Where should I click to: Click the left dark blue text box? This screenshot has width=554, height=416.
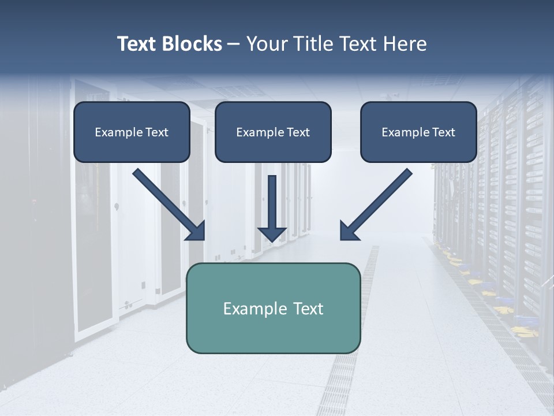tap(132, 132)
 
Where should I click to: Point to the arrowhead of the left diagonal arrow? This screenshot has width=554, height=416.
tap(196, 231)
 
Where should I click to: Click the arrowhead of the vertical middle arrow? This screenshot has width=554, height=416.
tap(272, 234)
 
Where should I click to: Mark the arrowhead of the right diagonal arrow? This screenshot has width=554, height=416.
tap(347, 231)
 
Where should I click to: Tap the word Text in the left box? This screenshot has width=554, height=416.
tap(156, 132)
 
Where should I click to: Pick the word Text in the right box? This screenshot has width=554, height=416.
tap(443, 132)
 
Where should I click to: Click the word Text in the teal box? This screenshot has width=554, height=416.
tap(309, 309)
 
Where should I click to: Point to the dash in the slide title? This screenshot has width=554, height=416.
tap(234, 44)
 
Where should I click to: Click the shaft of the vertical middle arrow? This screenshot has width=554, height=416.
tap(272, 199)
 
